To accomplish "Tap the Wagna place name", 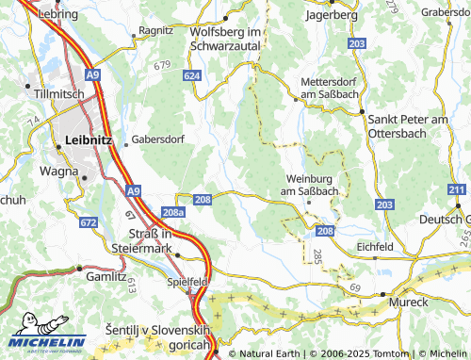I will pos(59,172).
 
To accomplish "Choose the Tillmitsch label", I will pos(60,95).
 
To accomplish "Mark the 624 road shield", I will pos(193,74).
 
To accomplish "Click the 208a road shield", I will pos(172,214).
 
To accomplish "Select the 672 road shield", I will pos(89,222).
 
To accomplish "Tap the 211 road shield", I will pos(457,191).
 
